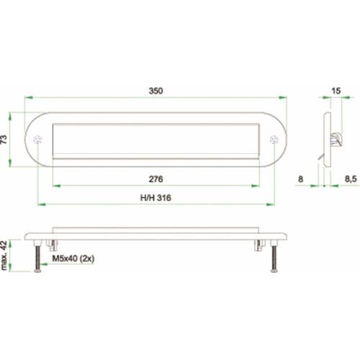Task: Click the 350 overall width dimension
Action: [x=156, y=91]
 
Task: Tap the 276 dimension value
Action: [x=156, y=179]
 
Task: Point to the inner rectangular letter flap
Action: [x=156, y=140]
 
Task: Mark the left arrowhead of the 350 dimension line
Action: [x=28, y=98]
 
